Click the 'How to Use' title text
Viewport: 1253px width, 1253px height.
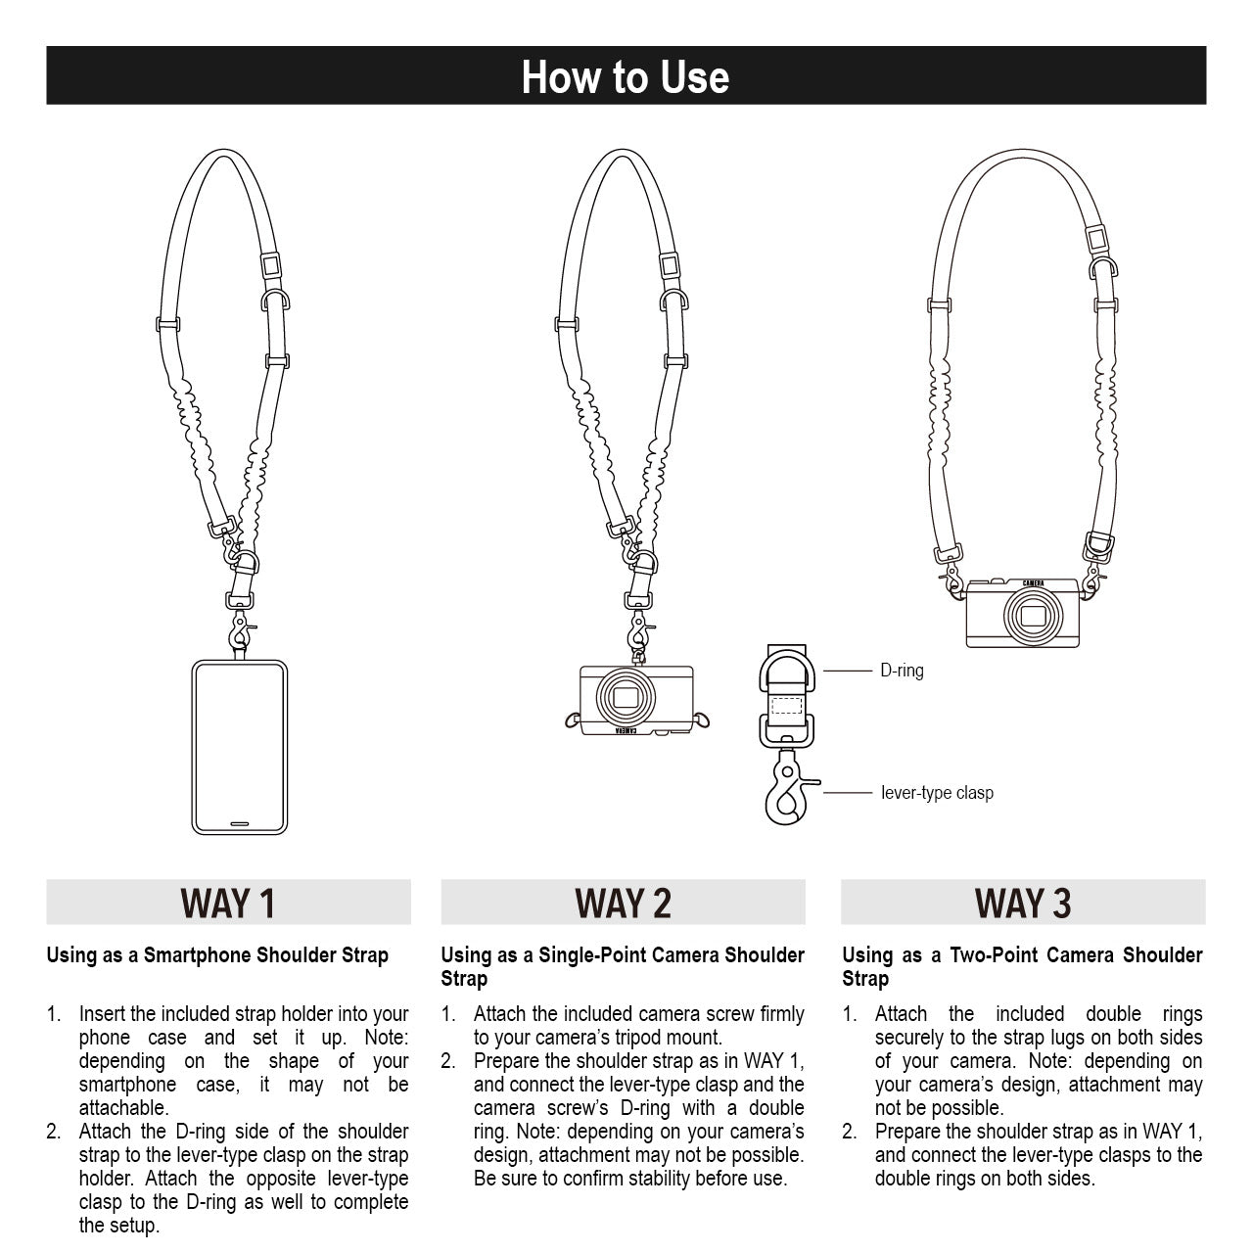pos(626,76)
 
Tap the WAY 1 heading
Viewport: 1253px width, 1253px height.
pos(228,903)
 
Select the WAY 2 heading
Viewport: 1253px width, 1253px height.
pos(623,903)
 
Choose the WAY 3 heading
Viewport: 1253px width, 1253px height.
pos(1023,903)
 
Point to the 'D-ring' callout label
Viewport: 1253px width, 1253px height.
pos(902,671)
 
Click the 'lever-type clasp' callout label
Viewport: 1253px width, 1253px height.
pos(937,792)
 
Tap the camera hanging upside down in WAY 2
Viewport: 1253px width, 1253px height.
pos(636,700)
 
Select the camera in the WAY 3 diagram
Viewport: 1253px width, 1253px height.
pos(1023,613)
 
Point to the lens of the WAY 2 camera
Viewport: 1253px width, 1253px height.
pos(626,697)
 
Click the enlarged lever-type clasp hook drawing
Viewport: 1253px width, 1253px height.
pos(785,791)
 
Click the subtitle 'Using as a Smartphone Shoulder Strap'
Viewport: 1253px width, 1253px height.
pos(217,954)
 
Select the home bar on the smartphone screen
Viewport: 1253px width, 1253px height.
pos(240,823)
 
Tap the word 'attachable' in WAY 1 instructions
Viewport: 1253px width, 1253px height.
pos(123,1108)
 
